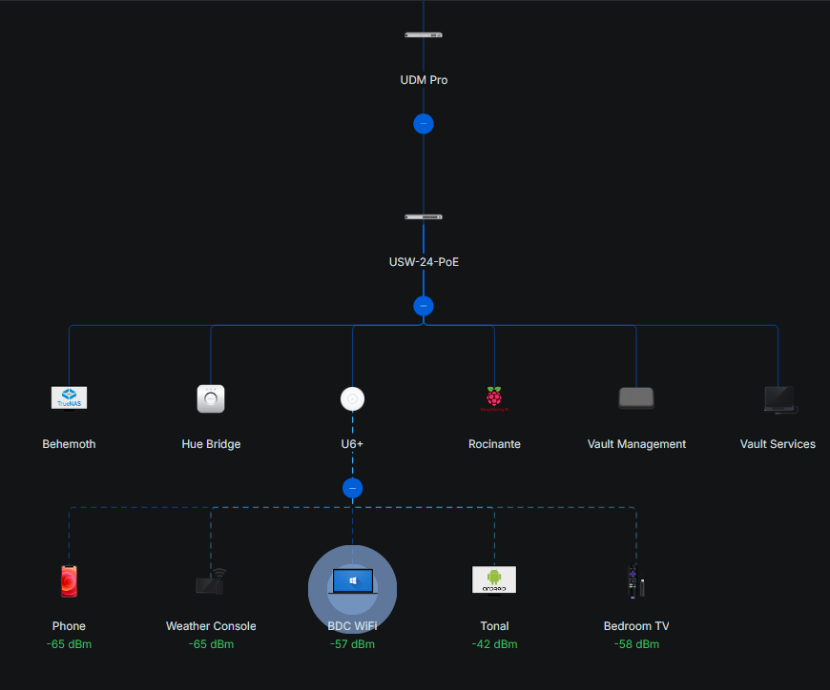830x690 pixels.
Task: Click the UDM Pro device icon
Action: pyautogui.click(x=424, y=35)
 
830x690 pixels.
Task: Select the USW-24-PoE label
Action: pyautogui.click(x=424, y=261)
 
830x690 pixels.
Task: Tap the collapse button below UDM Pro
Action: pyautogui.click(x=424, y=124)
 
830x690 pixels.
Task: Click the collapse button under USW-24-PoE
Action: pyautogui.click(x=424, y=306)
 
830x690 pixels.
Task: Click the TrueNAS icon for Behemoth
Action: pyautogui.click(x=69, y=397)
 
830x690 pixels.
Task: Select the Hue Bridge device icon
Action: pyautogui.click(x=211, y=398)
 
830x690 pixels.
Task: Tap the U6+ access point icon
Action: pyautogui.click(x=353, y=399)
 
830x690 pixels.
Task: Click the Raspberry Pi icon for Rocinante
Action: pyautogui.click(x=494, y=398)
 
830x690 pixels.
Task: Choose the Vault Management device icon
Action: pyautogui.click(x=636, y=398)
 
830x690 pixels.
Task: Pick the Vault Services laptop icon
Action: pyautogui.click(x=778, y=399)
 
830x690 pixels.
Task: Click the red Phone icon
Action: pyautogui.click(x=69, y=580)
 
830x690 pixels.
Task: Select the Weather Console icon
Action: pyautogui.click(x=211, y=580)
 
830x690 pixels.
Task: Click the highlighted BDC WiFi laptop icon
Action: pyautogui.click(x=353, y=580)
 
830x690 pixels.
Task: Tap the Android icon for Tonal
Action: pyautogui.click(x=494, y=579)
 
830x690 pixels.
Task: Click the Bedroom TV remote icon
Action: pyautogui.click(x=635, y=581)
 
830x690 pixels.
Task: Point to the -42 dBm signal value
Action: pyautogui.click(x=494, y=644)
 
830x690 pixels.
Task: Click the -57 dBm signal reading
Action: pyautogui.click(x=352, y=644)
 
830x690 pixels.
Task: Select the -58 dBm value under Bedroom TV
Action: pyautogui.click(x=636, y=644)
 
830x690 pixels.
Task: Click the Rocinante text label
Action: pyautogui.click(x=494, y=444)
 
